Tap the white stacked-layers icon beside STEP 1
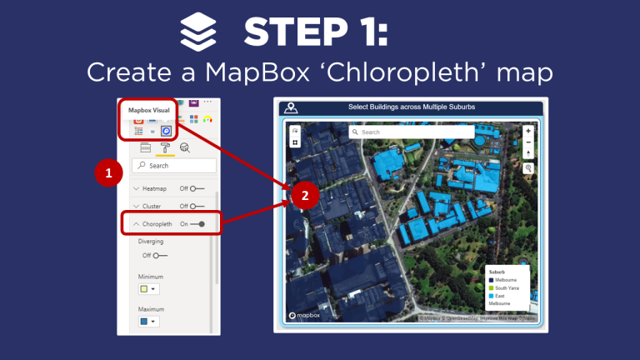198,33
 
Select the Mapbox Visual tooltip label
149,109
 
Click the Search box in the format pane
175,166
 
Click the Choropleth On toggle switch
197,224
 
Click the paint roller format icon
166,147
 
